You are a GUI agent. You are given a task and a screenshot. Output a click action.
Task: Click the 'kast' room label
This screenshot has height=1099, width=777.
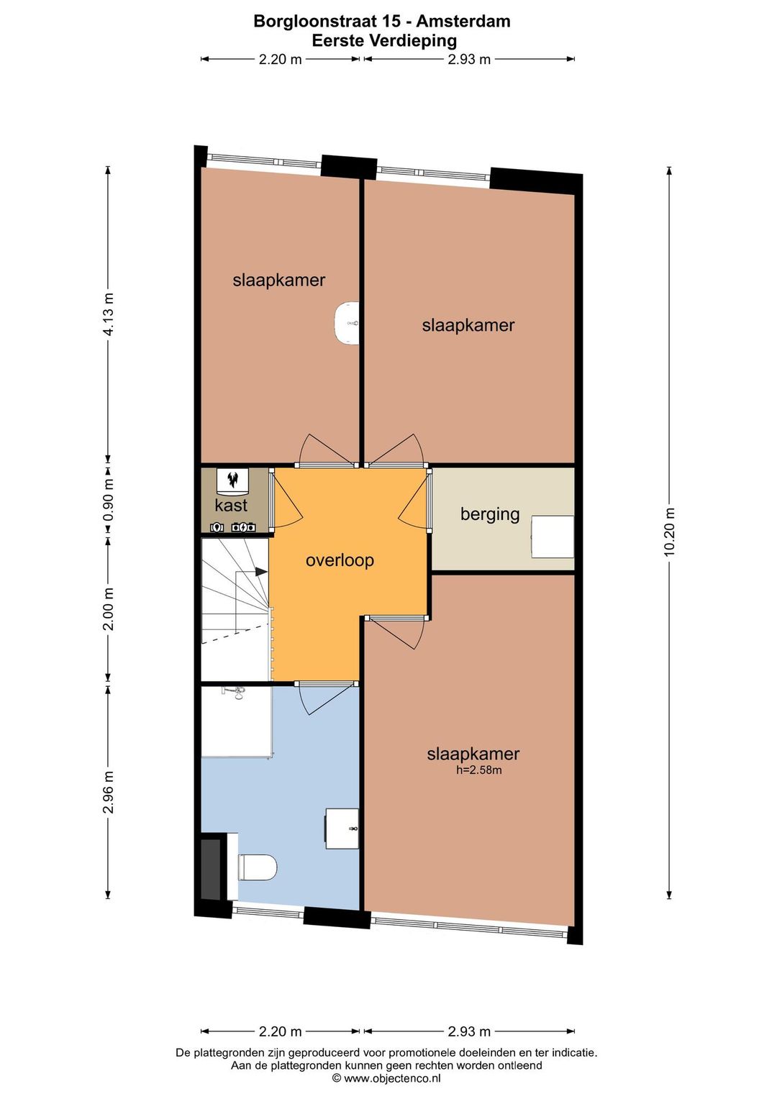pos(231,505)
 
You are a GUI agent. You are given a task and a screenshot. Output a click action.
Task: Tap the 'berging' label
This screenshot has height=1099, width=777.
pos(489,514)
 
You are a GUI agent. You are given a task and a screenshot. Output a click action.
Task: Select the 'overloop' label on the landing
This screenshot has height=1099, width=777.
pos(340,560)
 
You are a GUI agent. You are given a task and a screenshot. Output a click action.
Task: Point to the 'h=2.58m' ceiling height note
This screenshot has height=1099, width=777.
pos(478,770)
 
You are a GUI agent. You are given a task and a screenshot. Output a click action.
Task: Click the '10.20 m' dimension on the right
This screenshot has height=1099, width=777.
pos(669,532)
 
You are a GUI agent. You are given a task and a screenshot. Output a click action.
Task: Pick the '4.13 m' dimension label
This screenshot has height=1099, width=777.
pos(108,314)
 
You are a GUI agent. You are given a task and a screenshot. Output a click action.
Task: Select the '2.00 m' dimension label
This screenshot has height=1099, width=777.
pos(108,609)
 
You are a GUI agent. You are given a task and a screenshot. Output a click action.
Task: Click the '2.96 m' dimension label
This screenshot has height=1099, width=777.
pos(108,792)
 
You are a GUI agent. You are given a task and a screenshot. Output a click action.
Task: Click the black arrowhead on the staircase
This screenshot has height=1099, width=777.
pos(260,572)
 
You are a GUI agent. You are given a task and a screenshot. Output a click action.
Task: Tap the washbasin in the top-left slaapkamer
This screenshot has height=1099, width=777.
pos(347,323)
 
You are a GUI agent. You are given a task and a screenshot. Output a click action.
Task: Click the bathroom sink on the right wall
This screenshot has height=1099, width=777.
pos(342,829)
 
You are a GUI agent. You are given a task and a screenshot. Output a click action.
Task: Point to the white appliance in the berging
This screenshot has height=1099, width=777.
pos(553,537)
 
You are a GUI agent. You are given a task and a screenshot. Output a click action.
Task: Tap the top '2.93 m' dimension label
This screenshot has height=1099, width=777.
pos(469,60)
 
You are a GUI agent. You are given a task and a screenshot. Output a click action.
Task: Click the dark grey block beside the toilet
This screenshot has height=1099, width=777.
pos(211,870)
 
